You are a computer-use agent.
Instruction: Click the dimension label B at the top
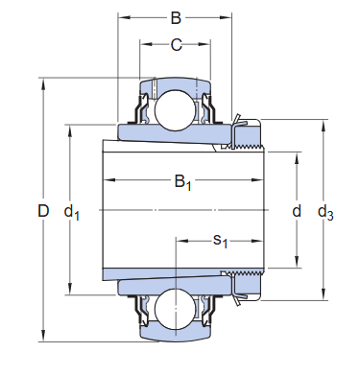(x=175, y=16)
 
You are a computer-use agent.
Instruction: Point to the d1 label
(x=71, y=211)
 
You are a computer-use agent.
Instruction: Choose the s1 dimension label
(x=220, y=239)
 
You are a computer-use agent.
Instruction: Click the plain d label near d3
(x=297, y=211)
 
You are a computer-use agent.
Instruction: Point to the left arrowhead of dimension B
(x=122, y=17)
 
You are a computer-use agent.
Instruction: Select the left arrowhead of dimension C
(x=144, y=43)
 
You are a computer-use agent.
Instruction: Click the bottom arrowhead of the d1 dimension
(x=70, y=291)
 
